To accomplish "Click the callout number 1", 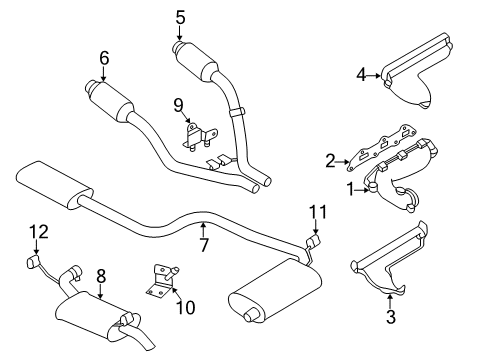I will (x=350, y=186).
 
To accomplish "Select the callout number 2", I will (x=330, y=159).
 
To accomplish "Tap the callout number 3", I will (x=391, y=318).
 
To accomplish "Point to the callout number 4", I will (x=362, y=73).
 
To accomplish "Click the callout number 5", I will (x=180, y=16).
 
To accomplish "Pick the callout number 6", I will (x=103, y=59).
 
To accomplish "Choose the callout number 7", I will (x=203, y=245).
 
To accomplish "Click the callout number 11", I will (x=317, y=212).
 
